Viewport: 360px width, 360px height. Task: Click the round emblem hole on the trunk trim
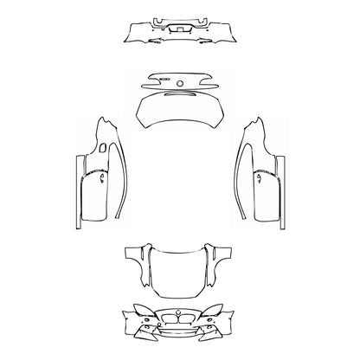(180, 83)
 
